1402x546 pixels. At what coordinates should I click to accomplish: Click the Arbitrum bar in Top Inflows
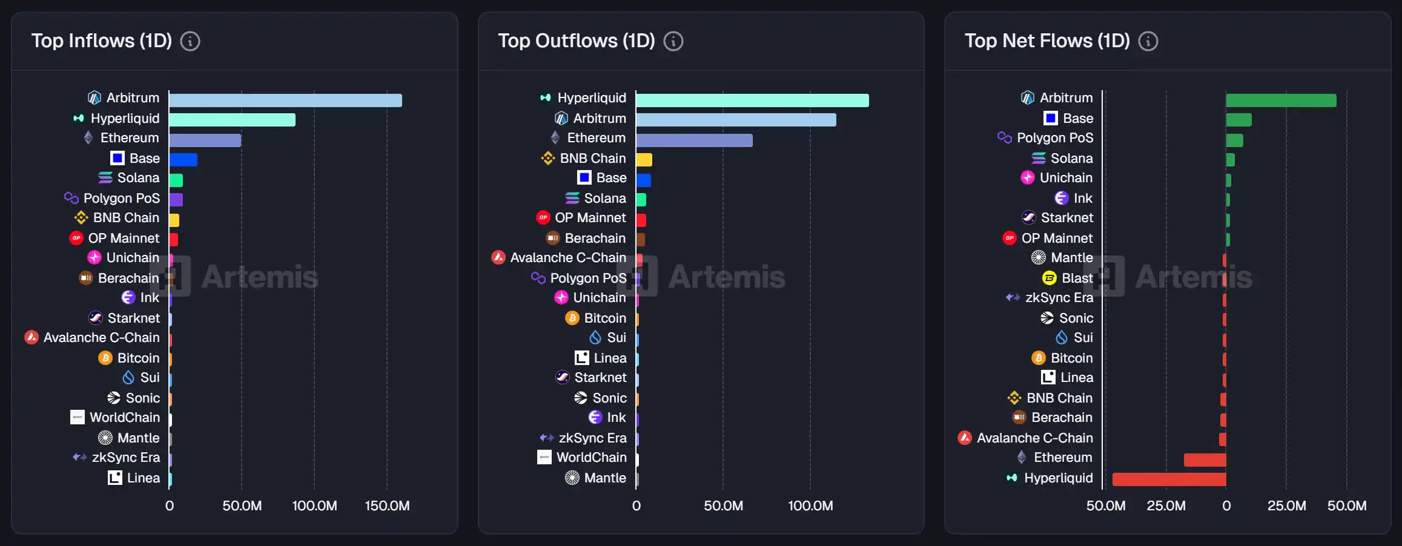click(x=285, y=100)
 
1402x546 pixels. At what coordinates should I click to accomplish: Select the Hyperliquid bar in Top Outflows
click(x=752, y=100)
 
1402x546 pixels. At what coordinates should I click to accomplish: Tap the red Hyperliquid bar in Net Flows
click(x=1169, y=479)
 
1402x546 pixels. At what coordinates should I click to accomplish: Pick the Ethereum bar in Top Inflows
click(x=205, y=140)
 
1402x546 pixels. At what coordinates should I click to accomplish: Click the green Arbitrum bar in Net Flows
click(x=1281, y=100)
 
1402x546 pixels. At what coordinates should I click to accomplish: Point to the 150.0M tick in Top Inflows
click(x=387, y=506)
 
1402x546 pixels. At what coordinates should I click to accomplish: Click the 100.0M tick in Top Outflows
click(x=810, y=506)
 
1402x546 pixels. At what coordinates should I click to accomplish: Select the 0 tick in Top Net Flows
click(x=1226, y=506)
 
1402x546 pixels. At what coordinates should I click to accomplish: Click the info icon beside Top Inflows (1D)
click(x=190, y=41)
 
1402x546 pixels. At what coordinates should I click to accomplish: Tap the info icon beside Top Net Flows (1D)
click(x=1148, y=41)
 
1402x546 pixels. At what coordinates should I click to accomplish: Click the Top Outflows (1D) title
click(x=576, y=41)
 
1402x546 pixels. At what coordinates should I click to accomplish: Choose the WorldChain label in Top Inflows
click(x=125, y=418)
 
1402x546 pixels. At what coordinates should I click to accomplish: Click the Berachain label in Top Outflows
click(x=595, y=238)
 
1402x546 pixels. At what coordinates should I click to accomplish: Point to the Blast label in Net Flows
click(x=1077, y=278)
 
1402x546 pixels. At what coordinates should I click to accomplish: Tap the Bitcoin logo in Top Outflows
click(x=572, y=318)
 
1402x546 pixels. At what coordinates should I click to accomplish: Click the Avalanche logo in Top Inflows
click(x=31, y=338)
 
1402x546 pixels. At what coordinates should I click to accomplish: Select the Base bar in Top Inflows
click(x=184, y=160)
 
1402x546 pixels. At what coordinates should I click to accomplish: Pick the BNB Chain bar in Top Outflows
click(x=644, y=160)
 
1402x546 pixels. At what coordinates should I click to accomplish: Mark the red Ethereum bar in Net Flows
click(x=1205, y=460)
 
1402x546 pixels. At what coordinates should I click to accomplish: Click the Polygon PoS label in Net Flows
click(x=1055, y=138)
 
